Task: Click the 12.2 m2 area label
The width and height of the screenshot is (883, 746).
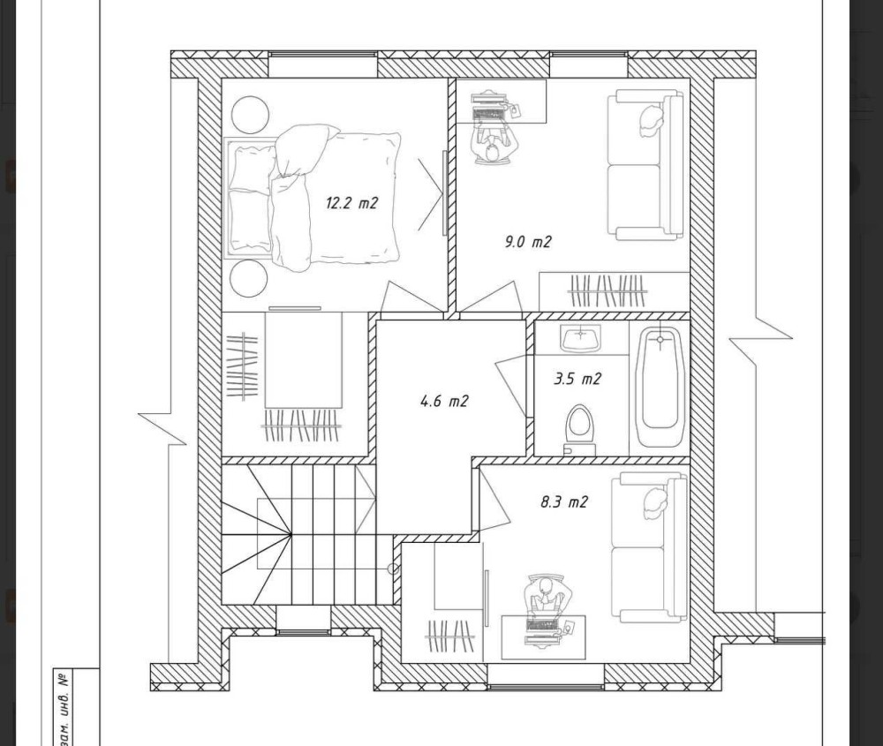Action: point(351,203)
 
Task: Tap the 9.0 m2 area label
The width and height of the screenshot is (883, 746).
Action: point(528,242)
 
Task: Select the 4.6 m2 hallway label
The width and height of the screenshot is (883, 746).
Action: point(444,402)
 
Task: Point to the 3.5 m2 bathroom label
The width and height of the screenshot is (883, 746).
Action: point(577,379)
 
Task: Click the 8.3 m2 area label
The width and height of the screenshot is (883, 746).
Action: point(564,501)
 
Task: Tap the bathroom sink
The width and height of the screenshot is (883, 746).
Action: point(581,338)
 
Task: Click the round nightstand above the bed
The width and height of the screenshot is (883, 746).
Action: point(250,115)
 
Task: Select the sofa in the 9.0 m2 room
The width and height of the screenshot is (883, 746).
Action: point(645,165)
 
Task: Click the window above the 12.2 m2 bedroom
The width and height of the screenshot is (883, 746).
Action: point(322,64)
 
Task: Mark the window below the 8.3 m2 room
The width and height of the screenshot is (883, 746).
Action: point(545,677)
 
